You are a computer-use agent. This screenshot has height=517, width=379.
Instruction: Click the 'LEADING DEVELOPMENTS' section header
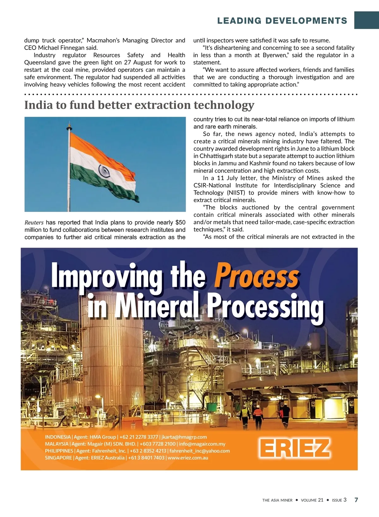pyautogui.click(x=282, y=21)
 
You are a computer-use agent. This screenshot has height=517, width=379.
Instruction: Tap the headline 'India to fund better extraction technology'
pyautogui.click(x=139, y=105)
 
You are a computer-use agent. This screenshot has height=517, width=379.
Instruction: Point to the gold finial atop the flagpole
pyautogui.click(x=69, y=126)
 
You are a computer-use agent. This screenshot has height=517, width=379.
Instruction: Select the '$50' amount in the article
pyautogui.click(x=180, y=223)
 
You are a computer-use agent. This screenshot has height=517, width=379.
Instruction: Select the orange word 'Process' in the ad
pyautogui.click(x=256, y=277)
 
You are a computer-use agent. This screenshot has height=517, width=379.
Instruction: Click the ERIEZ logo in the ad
pyautogui.click(x=295, y=448)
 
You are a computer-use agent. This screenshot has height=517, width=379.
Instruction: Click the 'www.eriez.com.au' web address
pyautogui.click(x=188, y=458)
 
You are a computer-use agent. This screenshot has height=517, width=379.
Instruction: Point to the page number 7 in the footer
pyautogui.click(x=356, y=500)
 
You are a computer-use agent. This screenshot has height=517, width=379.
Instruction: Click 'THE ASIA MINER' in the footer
pyautogui.click(x=277, y=500)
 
